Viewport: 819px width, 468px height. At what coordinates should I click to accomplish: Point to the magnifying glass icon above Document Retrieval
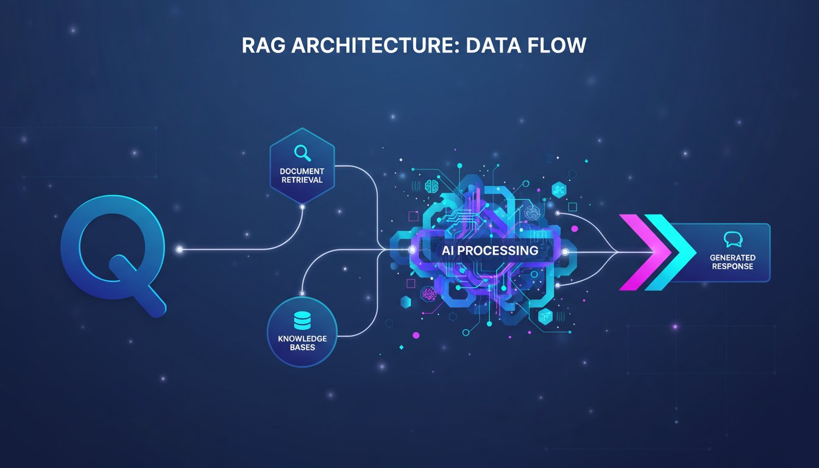point(302,152)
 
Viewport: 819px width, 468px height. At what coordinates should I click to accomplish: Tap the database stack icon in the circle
point(302,321)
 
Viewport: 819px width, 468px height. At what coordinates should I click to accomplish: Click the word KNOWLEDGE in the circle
point(302,338)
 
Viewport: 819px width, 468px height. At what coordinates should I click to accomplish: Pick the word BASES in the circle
point(302,347)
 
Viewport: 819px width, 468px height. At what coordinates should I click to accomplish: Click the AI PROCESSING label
point(483,250)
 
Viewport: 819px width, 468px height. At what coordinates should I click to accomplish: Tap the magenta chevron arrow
point(637,252)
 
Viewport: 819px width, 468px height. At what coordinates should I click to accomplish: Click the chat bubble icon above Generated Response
point(731,239)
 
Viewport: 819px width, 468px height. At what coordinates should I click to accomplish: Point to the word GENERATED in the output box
point(732,258)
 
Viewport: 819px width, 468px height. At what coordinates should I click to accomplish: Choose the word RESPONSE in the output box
point(732,266)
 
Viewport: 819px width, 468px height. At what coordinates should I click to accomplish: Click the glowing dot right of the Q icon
point(180,250)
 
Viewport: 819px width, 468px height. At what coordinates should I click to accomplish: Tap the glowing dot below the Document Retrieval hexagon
point(302,207)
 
